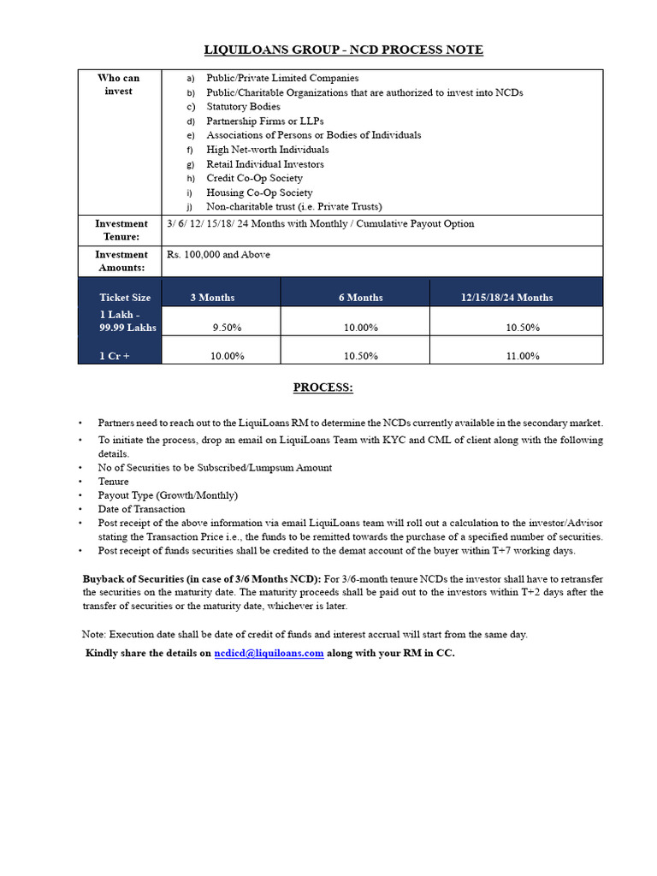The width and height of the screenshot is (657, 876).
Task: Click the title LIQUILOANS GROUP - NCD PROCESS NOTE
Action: coord(343,50)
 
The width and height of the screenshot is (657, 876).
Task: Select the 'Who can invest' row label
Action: coord(118,85)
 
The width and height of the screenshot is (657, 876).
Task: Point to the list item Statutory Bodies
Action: coord(243,107)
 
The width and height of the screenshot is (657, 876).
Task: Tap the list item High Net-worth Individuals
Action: coord(267,150)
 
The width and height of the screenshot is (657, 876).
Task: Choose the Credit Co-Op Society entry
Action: coord(254,178)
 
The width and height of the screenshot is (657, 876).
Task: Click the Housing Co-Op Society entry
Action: coord(259,192)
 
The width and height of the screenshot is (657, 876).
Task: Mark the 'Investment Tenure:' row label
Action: coord(121,230)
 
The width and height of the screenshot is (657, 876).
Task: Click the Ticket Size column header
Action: coord(125,298)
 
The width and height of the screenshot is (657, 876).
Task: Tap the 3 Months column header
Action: coord(212,298)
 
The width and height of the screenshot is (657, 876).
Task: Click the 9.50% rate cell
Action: coord(227,328)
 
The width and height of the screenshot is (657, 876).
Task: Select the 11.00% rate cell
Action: coord(523,356)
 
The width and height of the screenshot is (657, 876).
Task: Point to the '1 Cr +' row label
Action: coord(115,356)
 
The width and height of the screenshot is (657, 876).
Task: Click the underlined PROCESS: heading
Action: coord(323,388)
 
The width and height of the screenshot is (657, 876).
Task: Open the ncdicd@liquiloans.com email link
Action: coord(269,653)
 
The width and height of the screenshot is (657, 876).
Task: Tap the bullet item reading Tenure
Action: coord(113,482)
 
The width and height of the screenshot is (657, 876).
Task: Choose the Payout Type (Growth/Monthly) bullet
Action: coord(168,495)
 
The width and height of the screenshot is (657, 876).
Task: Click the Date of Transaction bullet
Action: coord(141,509)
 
